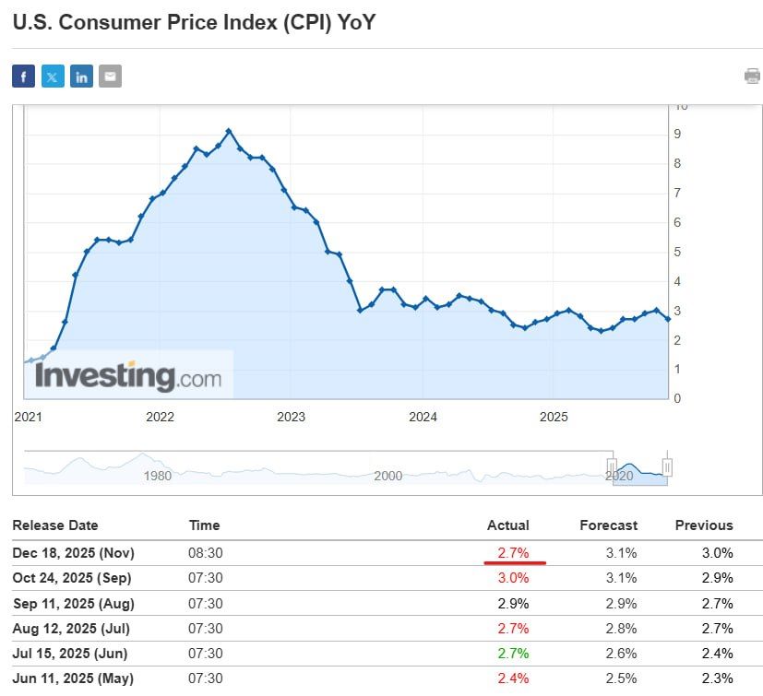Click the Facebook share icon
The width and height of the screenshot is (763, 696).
click(23, 77)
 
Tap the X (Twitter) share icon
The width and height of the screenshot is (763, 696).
click(53, 77)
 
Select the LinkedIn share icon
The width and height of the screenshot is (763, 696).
click(81, 77)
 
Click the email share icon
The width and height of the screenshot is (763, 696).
click(110, 77)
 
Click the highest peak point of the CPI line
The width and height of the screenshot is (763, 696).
click(229, 131)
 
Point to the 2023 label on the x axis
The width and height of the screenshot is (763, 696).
click(291, 417)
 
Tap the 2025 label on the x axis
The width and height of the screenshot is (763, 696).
click(554, 417)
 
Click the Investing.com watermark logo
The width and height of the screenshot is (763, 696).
click(128, 376)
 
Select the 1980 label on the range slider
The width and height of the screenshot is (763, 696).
click(158, 476)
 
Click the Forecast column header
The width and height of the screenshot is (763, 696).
click(608, 525)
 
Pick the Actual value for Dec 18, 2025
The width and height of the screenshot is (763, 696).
click(514, 553)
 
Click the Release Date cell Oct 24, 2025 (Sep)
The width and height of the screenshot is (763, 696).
click(72, 578)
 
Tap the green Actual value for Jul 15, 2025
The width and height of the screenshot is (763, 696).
click(514, 654)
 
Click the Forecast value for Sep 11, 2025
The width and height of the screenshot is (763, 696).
click(618, 603)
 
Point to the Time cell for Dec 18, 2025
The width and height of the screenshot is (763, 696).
click(206, 553)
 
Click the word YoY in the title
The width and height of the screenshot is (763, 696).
click(355, 22)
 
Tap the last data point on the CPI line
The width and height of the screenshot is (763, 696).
click(667, 318)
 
